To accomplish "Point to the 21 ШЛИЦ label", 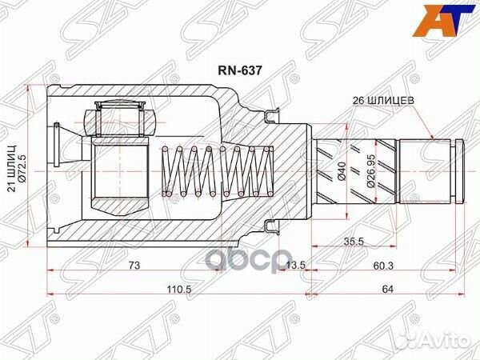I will click(x=10, y=168).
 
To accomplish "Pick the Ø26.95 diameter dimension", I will click(x=373, y=169).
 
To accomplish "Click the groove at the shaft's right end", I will click(x=454, y=169).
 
